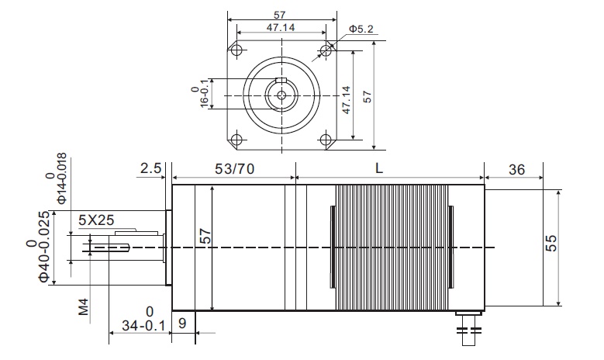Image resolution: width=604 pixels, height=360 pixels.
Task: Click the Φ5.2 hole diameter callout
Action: point(361,29)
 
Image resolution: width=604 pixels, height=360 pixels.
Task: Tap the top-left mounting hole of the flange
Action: point(237,50)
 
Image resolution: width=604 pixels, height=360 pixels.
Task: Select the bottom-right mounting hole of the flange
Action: point(326,139)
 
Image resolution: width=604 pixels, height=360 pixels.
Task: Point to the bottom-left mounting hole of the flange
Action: point(237,139)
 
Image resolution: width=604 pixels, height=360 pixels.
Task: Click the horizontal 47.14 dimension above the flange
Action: point(281,28)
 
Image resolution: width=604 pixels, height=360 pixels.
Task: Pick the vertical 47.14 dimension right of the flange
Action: point(347,100)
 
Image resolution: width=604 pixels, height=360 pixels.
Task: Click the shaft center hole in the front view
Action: point(281,95)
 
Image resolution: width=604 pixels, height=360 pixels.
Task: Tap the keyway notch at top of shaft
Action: point(281,81)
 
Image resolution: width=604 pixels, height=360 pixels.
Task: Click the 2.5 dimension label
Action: point(150,168)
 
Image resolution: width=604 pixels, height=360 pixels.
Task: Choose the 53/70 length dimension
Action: point(235,169)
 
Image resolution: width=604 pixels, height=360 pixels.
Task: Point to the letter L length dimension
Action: point(379,168)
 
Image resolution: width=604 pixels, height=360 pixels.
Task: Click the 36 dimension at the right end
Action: point(516,170)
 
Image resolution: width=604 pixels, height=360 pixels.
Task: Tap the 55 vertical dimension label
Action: point(551,243)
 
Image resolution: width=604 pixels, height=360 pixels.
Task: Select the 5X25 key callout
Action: point(96,220)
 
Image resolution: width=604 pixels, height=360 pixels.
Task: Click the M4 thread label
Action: point(84,306)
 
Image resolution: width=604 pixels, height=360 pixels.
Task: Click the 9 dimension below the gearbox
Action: point(182,323)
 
